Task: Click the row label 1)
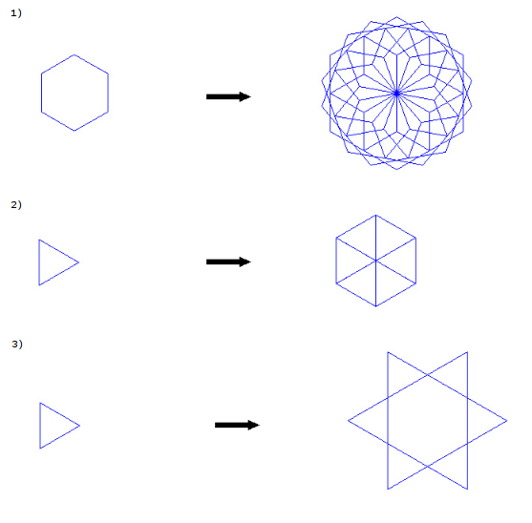click(x=16, y=13)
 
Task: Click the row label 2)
click(x=16, y=205)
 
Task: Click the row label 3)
click(x=17, y=344)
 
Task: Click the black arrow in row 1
click(x=228, y=96)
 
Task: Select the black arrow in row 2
click(x=228, y=261)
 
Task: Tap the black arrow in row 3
click(x=237, y=425)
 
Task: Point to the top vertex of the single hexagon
click(x=74, y=54)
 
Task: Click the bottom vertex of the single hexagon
click(x=74, y=131)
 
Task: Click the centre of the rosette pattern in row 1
click(x=396, y=94)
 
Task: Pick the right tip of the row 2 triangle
click(x=78, y=262)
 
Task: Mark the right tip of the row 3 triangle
click(x=79, y=426)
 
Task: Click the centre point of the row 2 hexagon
click(x=376, y=261)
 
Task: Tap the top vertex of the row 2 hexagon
click(x=376, y=215)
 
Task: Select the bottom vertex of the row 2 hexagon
click(x=376, y=306)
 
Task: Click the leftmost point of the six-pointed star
click(x=348, y=421)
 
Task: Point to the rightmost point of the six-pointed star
click(x=507, y=421)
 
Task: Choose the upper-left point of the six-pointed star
click(x=388, y=352)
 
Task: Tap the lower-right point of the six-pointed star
click(x=468, y=489)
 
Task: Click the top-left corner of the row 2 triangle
click(x=39, y=240)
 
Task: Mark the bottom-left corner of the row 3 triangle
click(x=40, y=449)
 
